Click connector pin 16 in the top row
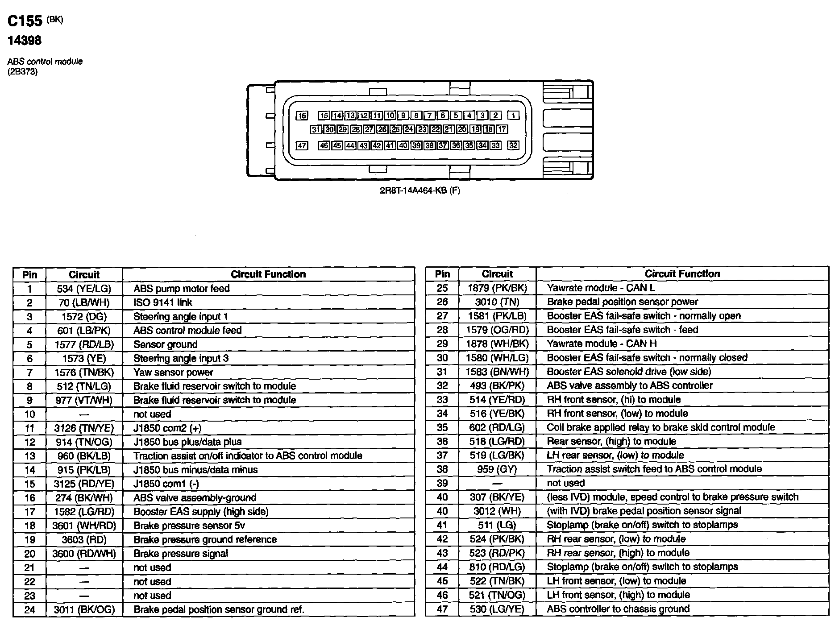(x=302, y=116)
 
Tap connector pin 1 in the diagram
(x=513, y=116)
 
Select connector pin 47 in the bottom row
(x=302, y=145)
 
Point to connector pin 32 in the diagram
(x=513, y=145)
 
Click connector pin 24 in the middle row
(x=409, y=129)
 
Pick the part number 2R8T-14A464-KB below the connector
(x=419, y=190)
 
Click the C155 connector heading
(x=25, y=21)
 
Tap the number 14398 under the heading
(x=25, y=41)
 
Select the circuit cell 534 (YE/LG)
(x=84, y=289)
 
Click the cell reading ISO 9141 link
(x=163, y=302)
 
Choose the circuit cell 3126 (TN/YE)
(x=84, y=428)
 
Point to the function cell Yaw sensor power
(x=173, y=373)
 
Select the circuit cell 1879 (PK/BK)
(x=497, y=288)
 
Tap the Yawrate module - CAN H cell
(x=602, y=344)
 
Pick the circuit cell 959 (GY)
(x=497, y=469)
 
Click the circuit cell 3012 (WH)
(x=497, y=511)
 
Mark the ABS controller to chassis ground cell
(x=618, y=609)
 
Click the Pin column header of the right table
(x=442, y=274)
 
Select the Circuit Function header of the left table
(x=268, y=274)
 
